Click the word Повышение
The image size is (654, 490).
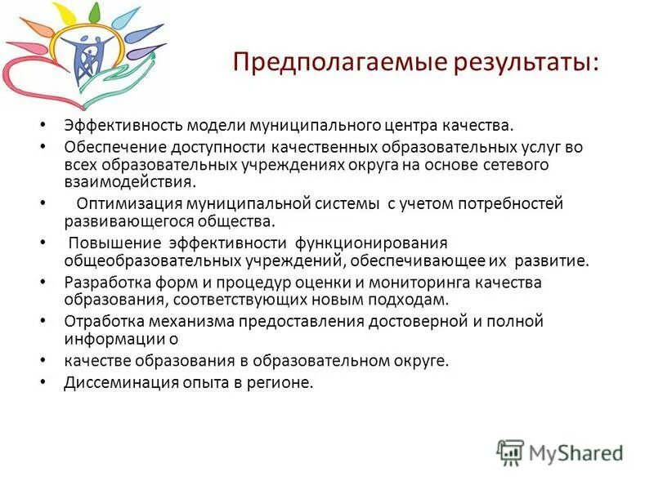coord(114,243)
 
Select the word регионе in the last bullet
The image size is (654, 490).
coord(282,381)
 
